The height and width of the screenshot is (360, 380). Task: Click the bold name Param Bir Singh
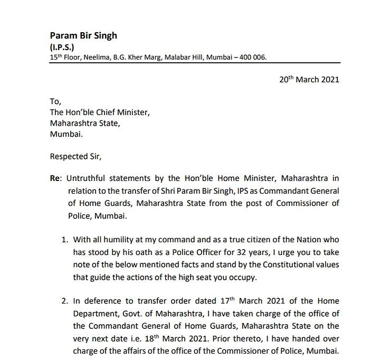click(x=83, y=36)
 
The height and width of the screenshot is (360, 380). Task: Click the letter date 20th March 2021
click(x=309, y=80)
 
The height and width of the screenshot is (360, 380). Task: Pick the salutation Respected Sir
click(x=75, y=156)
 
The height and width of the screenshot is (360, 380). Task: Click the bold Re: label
click(x=55, y=179)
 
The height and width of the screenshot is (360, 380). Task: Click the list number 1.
click(x=64, y=239)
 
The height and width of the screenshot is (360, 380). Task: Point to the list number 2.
click(x=64, y=301)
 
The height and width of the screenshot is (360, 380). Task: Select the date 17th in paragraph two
click(x=227, y=301)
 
